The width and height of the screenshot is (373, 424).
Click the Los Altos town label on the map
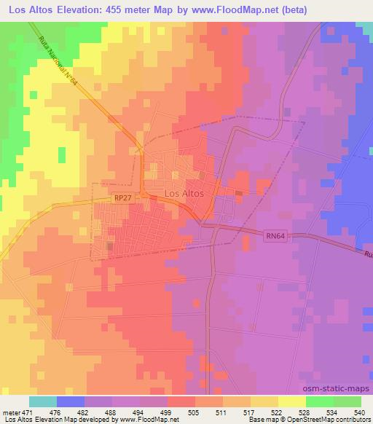pos(184,194)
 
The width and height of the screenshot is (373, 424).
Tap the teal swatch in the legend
pos(43,401)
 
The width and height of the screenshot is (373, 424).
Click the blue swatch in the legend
pos(71,401)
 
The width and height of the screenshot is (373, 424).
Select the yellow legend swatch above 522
pos(264,401)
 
